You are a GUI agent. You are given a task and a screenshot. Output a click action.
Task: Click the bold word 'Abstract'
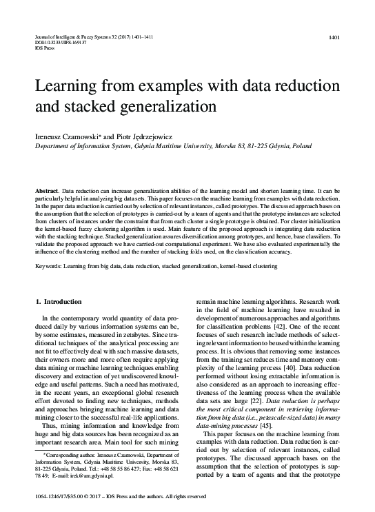46,189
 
